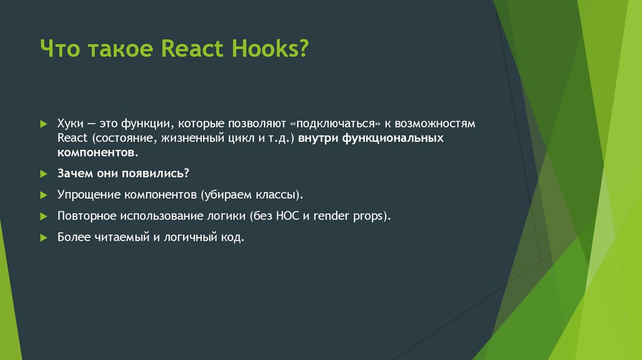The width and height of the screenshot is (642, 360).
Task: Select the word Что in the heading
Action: (60, 48)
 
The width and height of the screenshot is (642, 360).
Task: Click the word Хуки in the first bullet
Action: (70, 124)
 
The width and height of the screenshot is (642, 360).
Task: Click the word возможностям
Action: (438, 124)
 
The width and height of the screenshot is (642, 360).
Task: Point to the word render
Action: (333, 216)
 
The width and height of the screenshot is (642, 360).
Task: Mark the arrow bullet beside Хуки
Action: (43, 124)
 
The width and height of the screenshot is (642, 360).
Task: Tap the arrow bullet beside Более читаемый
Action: (43, 238)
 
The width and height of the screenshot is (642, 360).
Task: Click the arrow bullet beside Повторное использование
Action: (43, 216)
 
